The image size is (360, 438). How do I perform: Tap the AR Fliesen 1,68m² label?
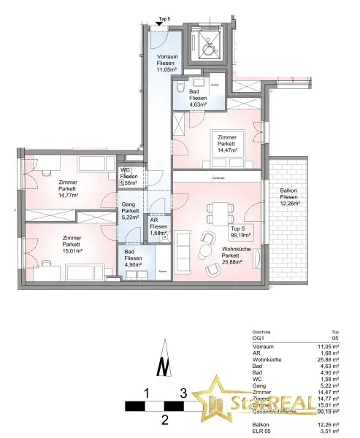click(x=158, y=226)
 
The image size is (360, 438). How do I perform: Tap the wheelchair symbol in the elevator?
click(x=207, y=44)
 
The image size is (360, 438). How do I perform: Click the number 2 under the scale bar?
click(x=165, y=419)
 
